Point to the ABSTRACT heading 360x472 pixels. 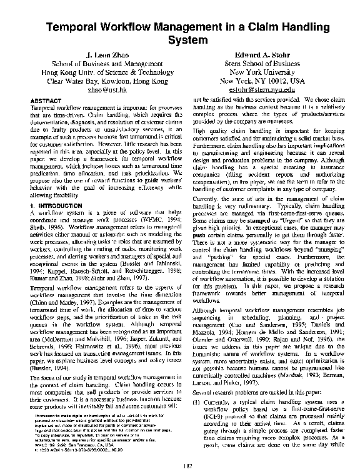point(46,100)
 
